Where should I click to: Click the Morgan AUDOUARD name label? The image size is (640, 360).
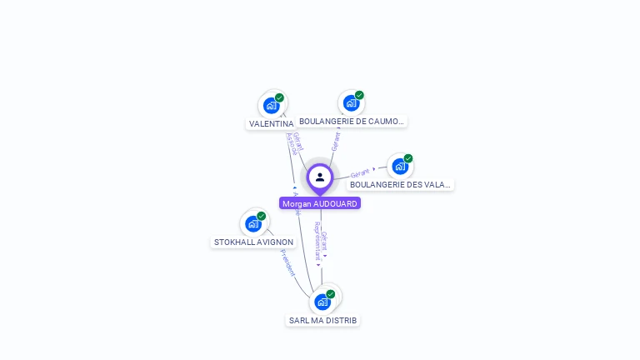[320, 203]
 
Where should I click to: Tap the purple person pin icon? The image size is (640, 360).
[320, 177]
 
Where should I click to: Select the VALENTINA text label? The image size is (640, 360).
[271, 123]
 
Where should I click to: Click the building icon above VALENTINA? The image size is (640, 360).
[271, 106]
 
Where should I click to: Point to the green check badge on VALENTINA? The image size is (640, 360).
[279, 97]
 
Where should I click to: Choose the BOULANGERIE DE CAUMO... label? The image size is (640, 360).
[351, 121]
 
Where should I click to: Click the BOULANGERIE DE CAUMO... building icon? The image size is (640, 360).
[351, 103]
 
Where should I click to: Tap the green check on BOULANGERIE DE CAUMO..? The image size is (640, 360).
[359, 95]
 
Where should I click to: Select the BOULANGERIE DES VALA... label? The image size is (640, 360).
[400, 184]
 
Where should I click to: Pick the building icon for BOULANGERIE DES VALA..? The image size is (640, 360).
[400, 167]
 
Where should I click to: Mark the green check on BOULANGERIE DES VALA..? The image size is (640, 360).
[408, 158]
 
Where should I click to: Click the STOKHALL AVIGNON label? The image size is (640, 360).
[253, 242]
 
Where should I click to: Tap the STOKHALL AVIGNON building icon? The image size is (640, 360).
[252, 224]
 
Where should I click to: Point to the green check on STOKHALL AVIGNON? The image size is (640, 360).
[262, 216]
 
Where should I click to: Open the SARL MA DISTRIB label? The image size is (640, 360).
[322, 320]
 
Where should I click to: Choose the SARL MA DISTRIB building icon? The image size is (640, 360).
[322, 302]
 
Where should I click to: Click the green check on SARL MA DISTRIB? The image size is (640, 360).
[331, 294]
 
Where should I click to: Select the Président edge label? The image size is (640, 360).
[287, 262]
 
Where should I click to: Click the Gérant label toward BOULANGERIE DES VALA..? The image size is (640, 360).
[360, 173]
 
